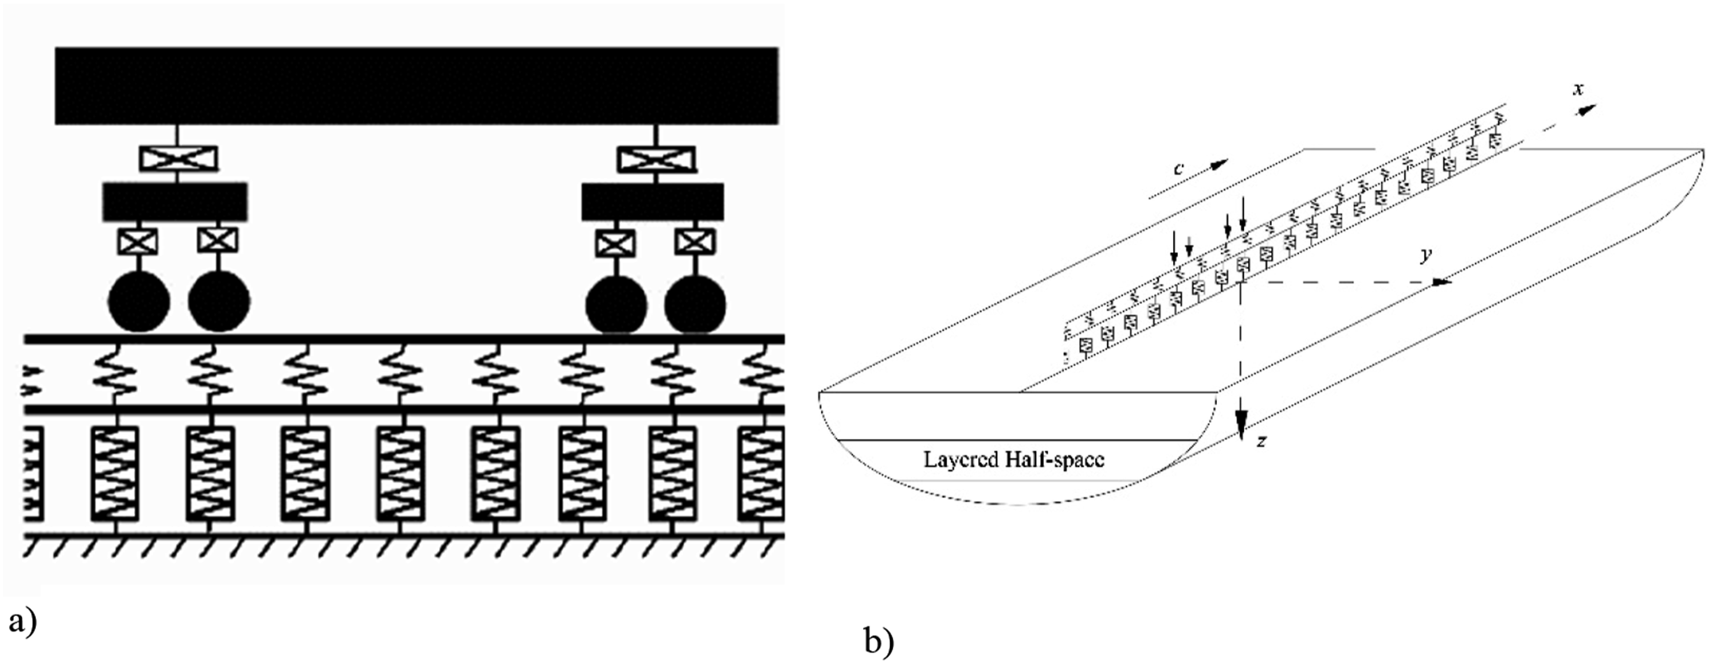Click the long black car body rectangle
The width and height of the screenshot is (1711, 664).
(416, 86)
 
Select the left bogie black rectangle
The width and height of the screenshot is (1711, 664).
(175, 202)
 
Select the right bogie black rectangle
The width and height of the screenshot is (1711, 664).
(653, 202)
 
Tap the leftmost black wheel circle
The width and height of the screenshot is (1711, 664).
(139, 301)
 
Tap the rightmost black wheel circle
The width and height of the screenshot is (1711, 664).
(695, 304)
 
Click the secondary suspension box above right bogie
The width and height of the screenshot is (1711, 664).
(656, 159)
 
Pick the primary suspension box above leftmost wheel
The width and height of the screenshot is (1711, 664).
(138, 241)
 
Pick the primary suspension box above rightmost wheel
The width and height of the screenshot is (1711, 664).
(695, 242)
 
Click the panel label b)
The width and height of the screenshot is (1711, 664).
(879, 642)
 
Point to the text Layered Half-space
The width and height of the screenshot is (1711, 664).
(1013, 460)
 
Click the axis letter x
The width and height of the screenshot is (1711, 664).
(1578, 89)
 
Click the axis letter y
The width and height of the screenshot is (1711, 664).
(1426, 254)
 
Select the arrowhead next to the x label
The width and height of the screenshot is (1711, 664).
(1587, 110)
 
